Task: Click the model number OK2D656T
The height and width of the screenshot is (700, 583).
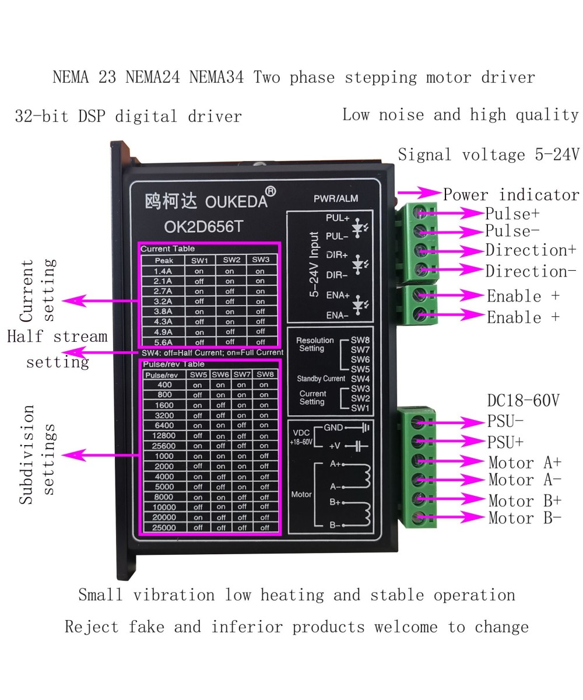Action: (x=203, y=227)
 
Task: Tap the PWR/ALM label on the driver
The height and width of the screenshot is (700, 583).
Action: (x=336, y=199)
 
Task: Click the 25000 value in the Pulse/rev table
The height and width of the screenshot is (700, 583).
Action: (x=164, y=527)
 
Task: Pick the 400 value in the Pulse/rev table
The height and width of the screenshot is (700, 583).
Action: (x=164, y=385)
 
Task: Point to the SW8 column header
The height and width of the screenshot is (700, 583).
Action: (x=265, y=374)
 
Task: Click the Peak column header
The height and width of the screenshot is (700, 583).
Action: (x=163, y=260)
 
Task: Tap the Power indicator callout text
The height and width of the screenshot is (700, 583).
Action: (x=511, y=195)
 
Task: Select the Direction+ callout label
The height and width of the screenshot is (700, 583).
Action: (x=531, y=250)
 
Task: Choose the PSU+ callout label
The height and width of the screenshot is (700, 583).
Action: (x=505, y=443)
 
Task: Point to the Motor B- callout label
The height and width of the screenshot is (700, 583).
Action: (x=525, y=518)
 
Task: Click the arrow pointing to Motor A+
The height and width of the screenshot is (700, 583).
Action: (x=461, y=461)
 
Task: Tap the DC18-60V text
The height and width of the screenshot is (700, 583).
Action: (x=523, y=401)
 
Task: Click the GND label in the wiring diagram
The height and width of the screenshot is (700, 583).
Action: (x=333, y=428)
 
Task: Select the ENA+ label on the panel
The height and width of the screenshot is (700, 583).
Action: (x=338, y=295)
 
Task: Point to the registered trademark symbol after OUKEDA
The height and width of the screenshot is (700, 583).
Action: (x=271, y=191)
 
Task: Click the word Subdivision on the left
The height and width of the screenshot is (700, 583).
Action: (x=27, y=454)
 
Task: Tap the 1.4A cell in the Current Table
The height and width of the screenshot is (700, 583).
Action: (x=163, y=271)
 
